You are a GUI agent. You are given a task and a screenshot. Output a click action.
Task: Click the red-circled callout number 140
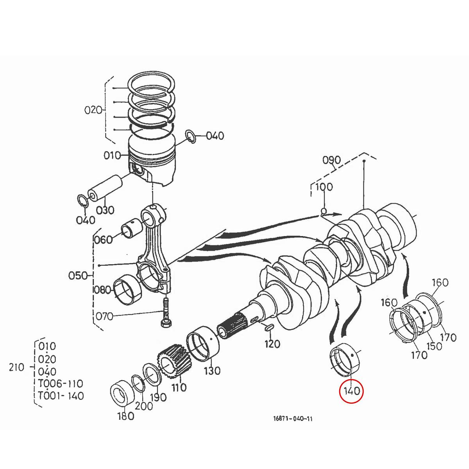pyautogui.click(x=351, y=390)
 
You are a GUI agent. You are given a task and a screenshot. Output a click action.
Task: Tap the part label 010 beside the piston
pyautogui.click(x=112, y=156)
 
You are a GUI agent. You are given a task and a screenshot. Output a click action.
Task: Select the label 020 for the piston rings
pyautogui.click(x=93, y=110)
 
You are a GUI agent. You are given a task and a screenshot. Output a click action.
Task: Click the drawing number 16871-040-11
pyautogui.click(x=293, y=419)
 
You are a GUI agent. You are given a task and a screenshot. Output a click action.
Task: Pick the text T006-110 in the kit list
pyautogui.click(x=60, y=383)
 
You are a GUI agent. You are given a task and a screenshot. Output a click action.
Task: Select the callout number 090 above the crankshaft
pyautogui.click(x=331, y=160)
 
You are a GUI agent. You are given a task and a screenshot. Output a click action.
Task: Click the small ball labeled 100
pyautogui.click(x=323, y=211)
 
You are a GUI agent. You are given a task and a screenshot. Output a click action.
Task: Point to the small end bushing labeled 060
pyautogui.click(x=132, y=229)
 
